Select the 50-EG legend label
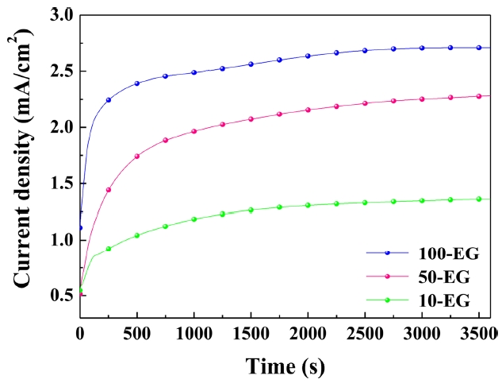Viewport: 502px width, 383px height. (x=438, y=277)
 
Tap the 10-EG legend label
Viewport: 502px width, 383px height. (x=438, y=300)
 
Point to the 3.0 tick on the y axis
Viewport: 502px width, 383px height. (x=61, y=15)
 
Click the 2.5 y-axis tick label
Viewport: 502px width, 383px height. (x=61, y=71)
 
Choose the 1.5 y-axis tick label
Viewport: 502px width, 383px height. (x=61, y=184)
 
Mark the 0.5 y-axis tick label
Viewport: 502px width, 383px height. (x=61, y=296)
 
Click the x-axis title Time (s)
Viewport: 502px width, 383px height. (x=285, y=366)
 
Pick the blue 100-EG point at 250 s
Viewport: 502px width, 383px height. (x=109, y=99)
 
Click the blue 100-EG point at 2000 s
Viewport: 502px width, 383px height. (x=308, y=56)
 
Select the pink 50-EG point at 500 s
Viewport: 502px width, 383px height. (x=137, y=156)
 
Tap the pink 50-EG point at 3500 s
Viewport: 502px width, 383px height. (x=478, y=96)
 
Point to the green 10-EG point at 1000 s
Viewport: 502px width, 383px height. (x=194, y=219)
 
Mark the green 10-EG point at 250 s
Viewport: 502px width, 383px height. (x=109, y=249)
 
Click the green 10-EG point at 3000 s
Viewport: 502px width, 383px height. (x=421, y=200)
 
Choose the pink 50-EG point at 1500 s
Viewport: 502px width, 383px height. (x=251, y=118)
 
